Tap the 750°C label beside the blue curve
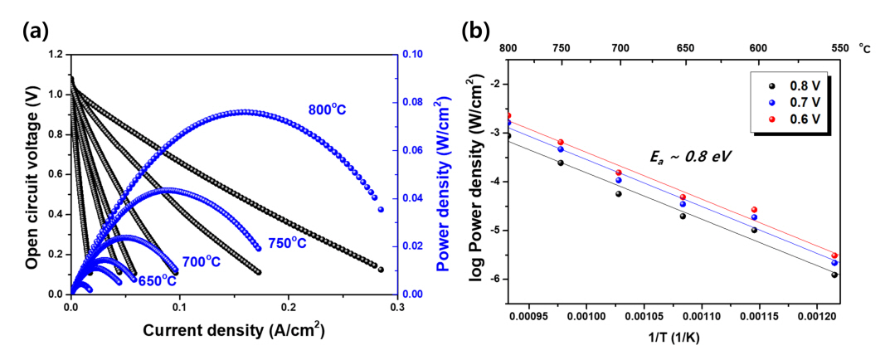[287, 243]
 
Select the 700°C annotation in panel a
[202, 262]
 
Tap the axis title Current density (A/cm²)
[233, 330]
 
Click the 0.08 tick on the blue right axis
[417, 103]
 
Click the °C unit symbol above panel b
[865, 48]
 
